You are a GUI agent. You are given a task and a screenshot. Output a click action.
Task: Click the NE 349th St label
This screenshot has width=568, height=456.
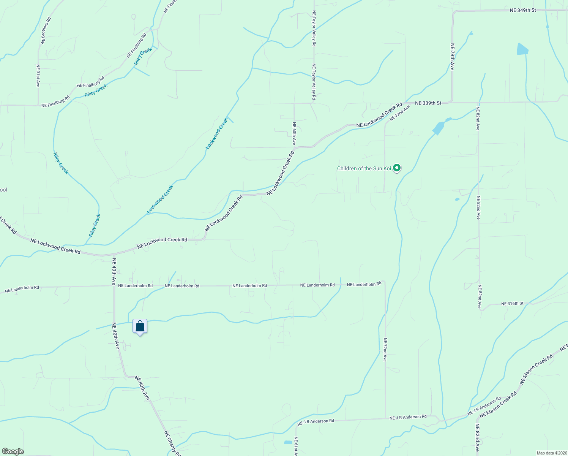pos(523,10)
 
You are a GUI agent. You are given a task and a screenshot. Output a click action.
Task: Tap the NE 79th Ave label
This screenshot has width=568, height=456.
pos(452,57)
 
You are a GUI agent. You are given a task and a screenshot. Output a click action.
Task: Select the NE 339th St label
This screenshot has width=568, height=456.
pos(428,103)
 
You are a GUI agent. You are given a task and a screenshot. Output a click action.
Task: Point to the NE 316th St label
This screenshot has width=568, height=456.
pos(512,304)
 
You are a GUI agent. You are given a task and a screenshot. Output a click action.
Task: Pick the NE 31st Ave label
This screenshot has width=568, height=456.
pos(38,76)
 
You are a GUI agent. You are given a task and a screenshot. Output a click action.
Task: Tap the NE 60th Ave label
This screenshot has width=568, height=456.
pos(294,133)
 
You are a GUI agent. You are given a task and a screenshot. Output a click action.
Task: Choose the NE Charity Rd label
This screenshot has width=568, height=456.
pos(173,443)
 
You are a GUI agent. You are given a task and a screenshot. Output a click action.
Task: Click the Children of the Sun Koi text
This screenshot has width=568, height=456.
pos(364,168)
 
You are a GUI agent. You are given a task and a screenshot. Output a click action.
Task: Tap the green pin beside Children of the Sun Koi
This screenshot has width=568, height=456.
pos(397,168)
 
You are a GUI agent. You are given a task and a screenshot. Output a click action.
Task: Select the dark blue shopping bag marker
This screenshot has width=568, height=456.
pos(140,326)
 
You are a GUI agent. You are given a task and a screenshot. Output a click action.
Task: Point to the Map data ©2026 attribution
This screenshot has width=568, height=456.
pos(551,453)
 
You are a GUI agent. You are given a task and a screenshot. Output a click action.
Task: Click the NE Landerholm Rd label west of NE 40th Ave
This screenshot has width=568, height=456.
pos(22,290)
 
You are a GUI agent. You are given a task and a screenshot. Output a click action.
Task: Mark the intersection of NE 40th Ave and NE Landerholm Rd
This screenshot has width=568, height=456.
pos(114,286)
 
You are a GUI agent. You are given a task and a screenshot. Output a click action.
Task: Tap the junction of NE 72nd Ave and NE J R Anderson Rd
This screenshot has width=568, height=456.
pos(385,419)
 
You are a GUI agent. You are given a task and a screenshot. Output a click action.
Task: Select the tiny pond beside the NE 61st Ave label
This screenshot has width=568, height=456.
pos(288,442)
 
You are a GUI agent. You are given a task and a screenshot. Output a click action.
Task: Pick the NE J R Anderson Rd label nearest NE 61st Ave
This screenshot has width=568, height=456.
pos(316,421)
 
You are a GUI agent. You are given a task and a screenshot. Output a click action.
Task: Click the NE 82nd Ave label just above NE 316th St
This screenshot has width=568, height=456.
pos(480,297)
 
